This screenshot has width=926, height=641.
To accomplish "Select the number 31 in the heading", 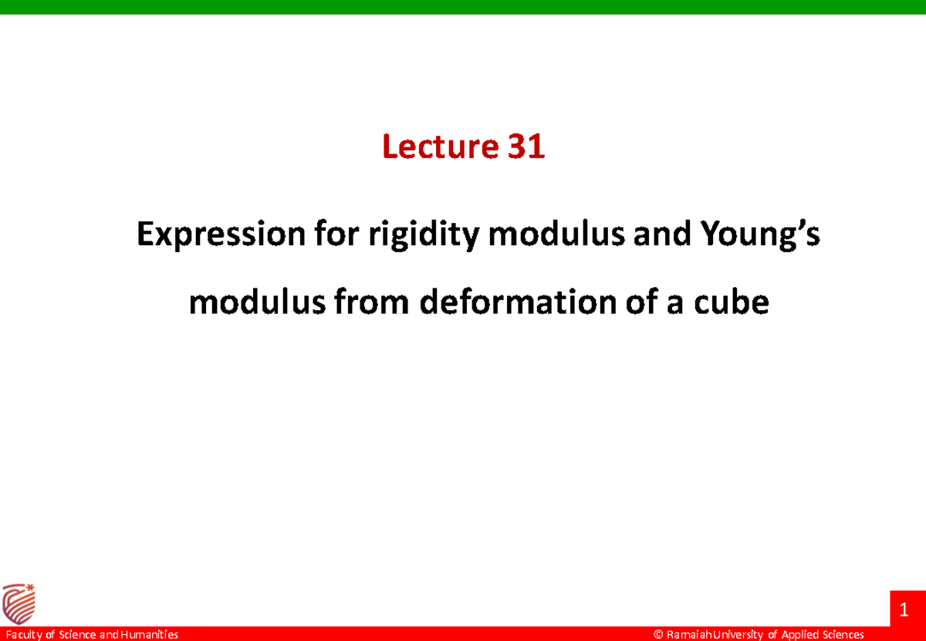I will tap(526, 147).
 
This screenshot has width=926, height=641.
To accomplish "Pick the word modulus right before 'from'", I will tap(245, 302).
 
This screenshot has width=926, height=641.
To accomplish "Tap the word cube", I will tap(738, 302).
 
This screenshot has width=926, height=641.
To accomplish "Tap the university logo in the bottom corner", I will tap(19, 602).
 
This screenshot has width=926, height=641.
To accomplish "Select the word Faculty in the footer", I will tap(23, 635).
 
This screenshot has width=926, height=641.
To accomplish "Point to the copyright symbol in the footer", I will tap(658, 635).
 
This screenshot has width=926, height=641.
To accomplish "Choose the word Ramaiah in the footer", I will tap(688, 635).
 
